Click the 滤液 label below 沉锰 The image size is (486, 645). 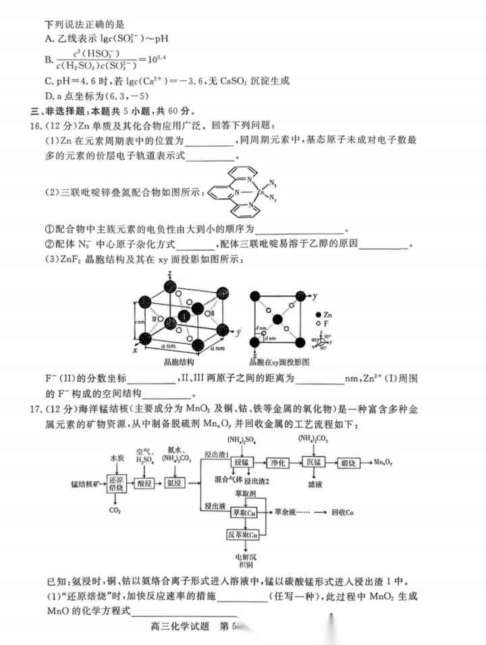pyautogui.click(x=315, y=484)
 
